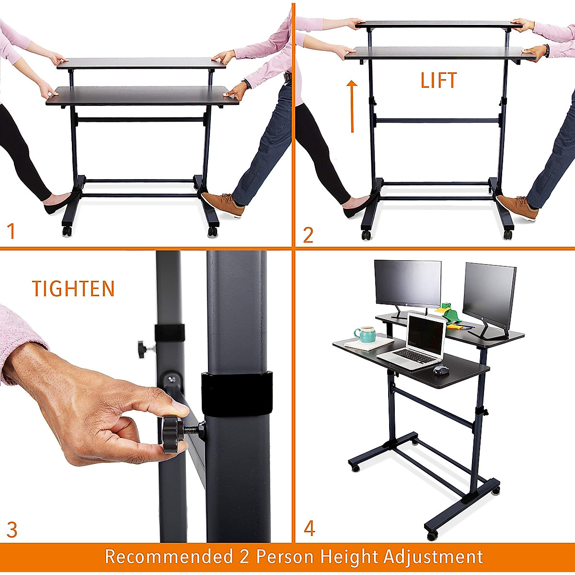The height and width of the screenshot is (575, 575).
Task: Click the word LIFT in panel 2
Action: pyautogui.click(x=438, y=80)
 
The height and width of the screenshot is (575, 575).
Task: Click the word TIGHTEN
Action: pyautogui.click(x=73, y=288)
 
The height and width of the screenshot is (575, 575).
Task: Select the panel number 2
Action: pyautogui.click(x=308, y=235)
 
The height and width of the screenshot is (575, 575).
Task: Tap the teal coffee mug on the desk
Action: pyautogui.click(x=365, y=334)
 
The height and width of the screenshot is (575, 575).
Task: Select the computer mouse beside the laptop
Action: pyautogui.click(x=441, y=370)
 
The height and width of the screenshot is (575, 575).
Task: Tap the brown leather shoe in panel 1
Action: pyautogui.click(x=223, y=204)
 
